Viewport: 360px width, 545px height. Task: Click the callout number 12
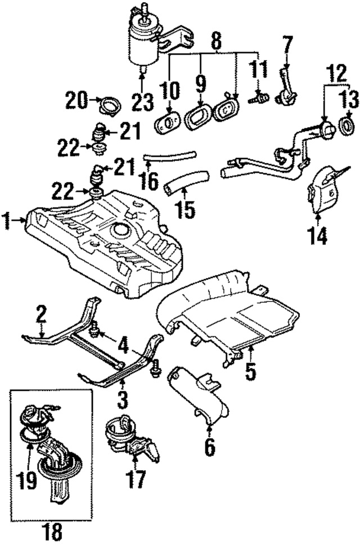click(x=336, y=72)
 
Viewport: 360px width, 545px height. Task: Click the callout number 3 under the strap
click(x=123, y=400)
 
